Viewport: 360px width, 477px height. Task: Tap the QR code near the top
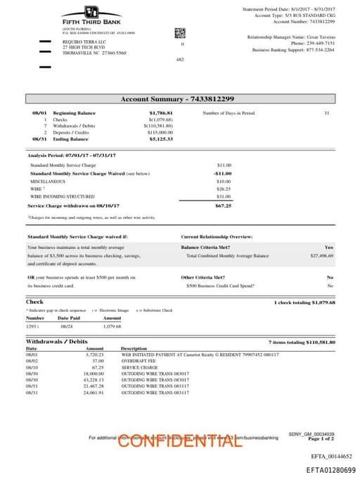pyautogui.click(x=179, y=32)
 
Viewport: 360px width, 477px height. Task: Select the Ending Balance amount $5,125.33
pyautogui.click(x=161, y=139)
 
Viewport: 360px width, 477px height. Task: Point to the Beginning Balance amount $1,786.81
pyautogui.click(x=161, y=113)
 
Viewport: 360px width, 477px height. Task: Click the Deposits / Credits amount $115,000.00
pyautogui.click(x=160, y=132)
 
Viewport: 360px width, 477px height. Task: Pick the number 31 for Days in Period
pyautogui.click(x=326, y=113)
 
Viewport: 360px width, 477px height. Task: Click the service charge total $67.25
pyautogui.click(x=223, y=206)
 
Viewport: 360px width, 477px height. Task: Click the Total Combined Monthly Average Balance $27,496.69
pyautogui.click(x=321, y=256)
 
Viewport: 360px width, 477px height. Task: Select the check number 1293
pyautogui.click(x=32, y=326)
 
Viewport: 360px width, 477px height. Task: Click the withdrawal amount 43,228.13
pyautogui.click(x=93, y=380)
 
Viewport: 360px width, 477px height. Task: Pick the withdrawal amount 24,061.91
pyautogui.click(x=93, y=393)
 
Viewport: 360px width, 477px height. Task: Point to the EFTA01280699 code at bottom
pyautogui.click(x=326, y=470)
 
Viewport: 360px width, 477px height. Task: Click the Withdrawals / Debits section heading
pyautogui.click(x=56, y=341)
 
